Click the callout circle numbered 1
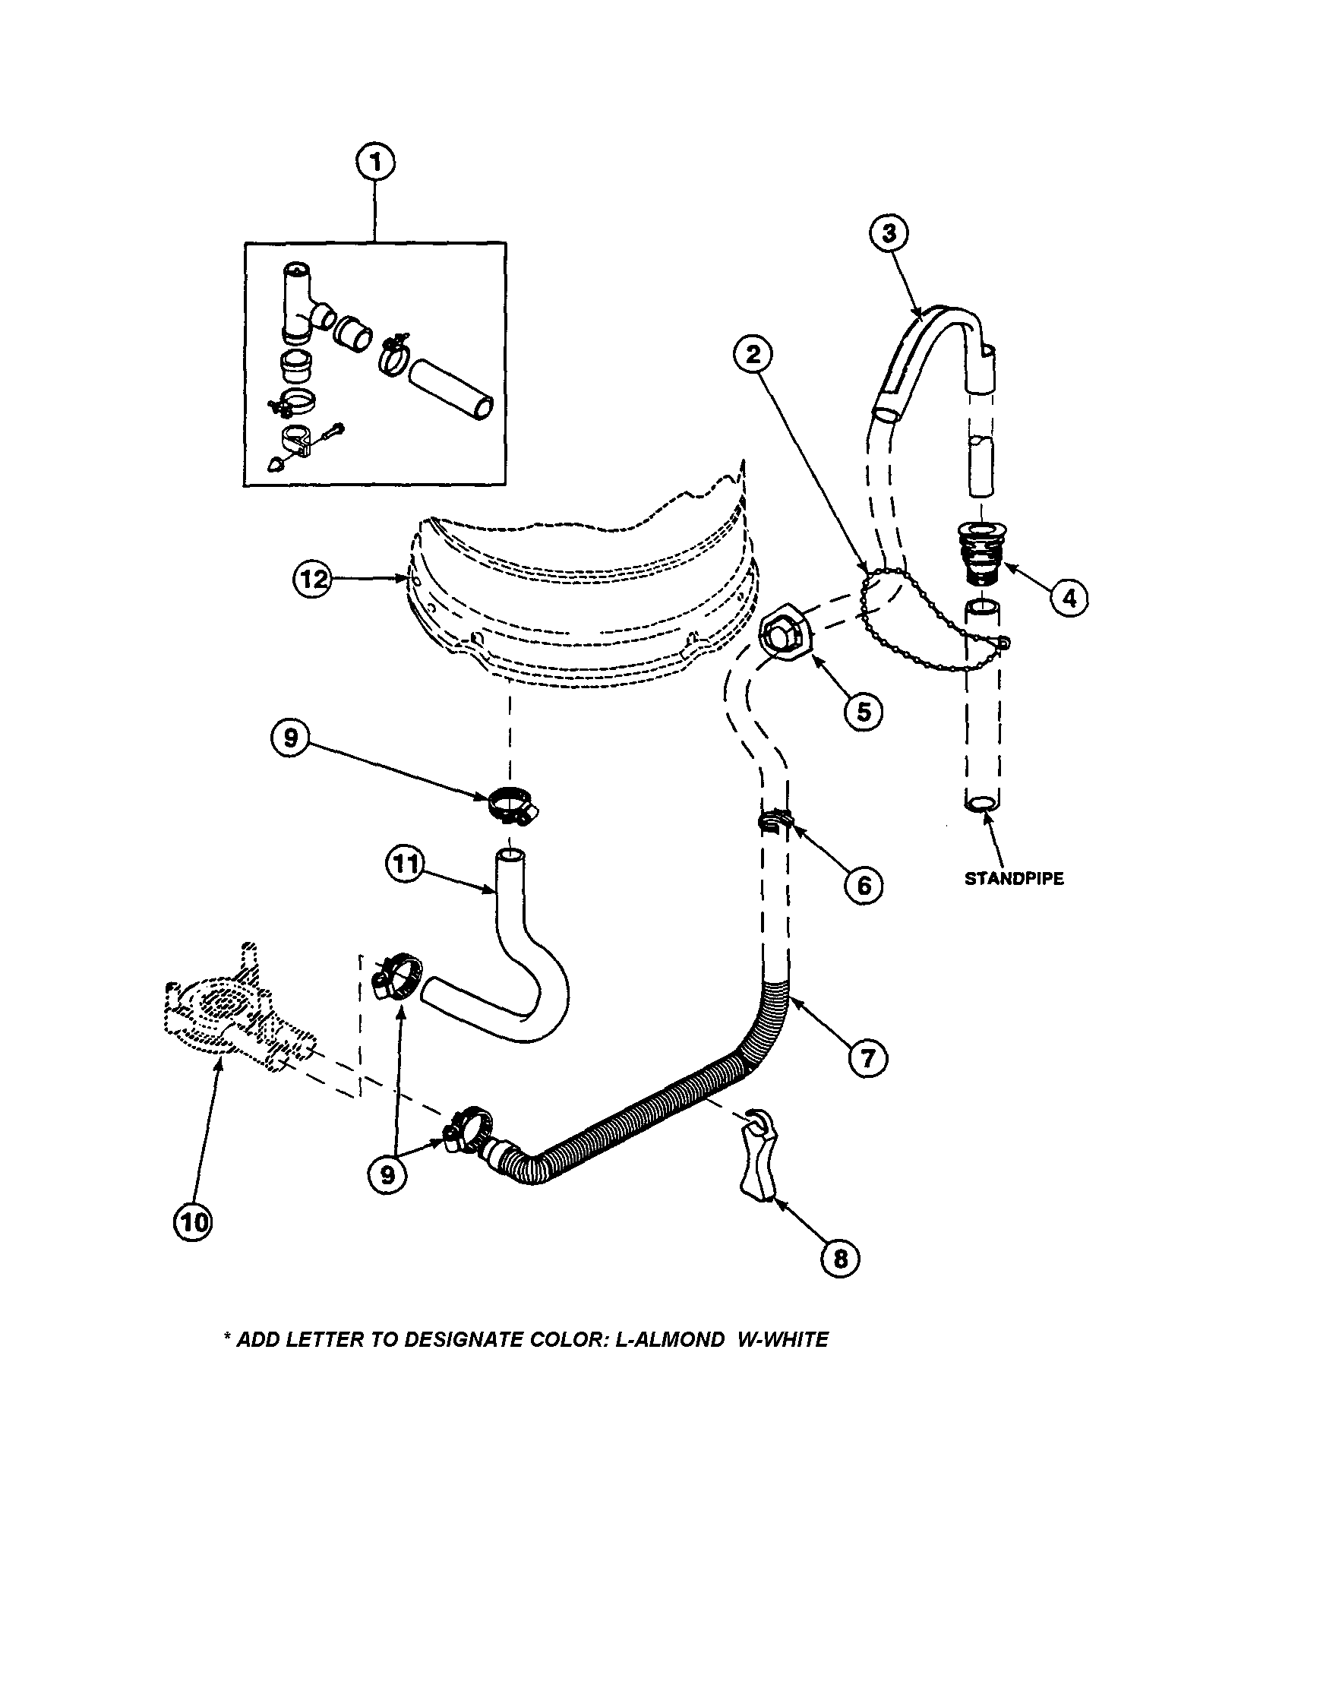(375, 164)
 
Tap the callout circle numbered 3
(889, 233)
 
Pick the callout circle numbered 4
(1070, 598)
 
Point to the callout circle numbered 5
(864, 711)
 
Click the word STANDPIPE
(1014, 879)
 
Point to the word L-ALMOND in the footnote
(669, 1338)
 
